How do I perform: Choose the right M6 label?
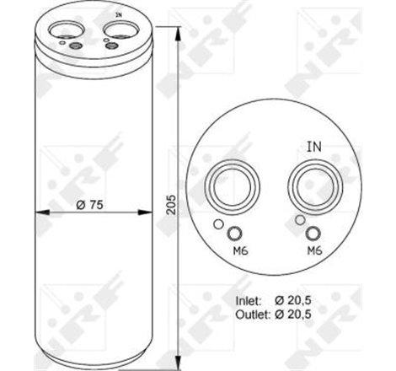coord(313,250)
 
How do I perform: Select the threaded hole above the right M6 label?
coord(313,234)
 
